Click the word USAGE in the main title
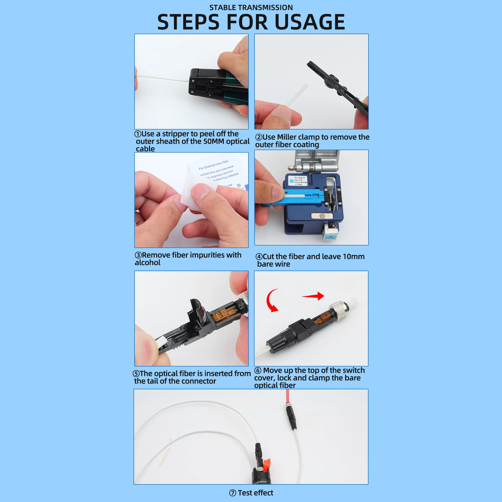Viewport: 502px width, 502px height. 309,22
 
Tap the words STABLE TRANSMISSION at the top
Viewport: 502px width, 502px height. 251,8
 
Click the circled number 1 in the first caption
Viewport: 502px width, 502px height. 138,134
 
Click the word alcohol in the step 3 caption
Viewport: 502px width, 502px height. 148,263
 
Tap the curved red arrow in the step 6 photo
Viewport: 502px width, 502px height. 272,300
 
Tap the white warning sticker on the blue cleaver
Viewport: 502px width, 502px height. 297,180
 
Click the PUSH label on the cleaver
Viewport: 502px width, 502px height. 330,237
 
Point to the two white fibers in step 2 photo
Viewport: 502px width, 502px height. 297,95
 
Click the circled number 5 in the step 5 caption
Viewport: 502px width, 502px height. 136,374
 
